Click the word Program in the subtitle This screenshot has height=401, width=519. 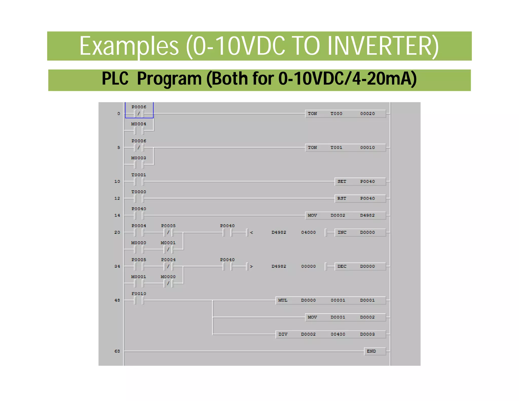pos(169,79)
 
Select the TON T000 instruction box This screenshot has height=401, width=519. pos(345,114)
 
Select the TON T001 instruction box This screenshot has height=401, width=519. pos(345,148)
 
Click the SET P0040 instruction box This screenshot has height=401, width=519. pos(360,181)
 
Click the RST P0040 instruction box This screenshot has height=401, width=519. pos(360,198)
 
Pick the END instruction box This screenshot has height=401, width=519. pos(375,351)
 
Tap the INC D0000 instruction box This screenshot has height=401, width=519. pos(360,232)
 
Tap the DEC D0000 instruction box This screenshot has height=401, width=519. pos(360,266)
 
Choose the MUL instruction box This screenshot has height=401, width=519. pos(330,300)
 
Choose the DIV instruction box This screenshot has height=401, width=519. pos(330,334)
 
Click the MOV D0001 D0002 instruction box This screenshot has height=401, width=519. pos(345,317)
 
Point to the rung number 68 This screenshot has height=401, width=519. pos(117,351)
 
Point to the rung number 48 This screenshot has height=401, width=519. pos(117,300)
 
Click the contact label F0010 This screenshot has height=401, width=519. pos(139,294)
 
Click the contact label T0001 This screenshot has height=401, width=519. pos(139,175)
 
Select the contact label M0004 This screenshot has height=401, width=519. pos(139,124)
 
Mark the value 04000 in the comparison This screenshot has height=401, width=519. pos(308,232)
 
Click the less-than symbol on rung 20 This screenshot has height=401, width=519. pos(251,232)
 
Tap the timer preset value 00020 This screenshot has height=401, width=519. pos(367,114)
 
